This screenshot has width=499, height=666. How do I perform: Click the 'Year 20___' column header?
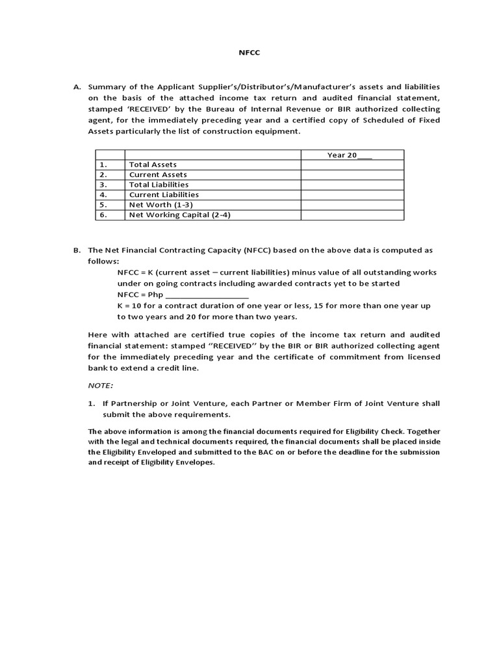coord(350,155)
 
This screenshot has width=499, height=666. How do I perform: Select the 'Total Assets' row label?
coord(153,165)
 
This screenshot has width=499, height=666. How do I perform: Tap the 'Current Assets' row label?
coord(158,174)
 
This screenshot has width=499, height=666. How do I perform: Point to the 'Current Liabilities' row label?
coord(164,194)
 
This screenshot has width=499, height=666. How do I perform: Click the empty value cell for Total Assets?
coord(352,165)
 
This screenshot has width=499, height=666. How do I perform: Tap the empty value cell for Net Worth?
coord(352,204)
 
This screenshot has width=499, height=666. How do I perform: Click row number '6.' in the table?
coord(103,215)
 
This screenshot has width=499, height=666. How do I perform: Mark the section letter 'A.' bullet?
coord(77,87)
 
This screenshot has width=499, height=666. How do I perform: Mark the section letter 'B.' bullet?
coord(77,250)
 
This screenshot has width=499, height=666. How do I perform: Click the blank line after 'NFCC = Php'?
coord(207,295)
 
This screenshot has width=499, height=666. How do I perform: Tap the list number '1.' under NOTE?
coord(92,403)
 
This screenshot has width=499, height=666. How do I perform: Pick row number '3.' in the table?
coord(103,185)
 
